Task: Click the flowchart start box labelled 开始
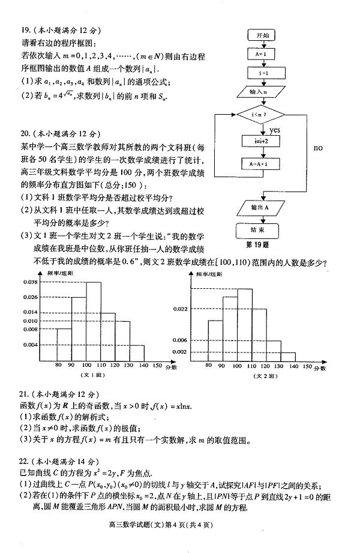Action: click(263, 36)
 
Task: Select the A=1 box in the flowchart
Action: click(263, 55)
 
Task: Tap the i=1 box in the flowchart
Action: click(263, 73)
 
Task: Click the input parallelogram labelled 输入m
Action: click(263, 92)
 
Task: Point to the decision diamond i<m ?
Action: click(263, 113)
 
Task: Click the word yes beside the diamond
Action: click(275, 130)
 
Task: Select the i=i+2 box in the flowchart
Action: click(263, 142)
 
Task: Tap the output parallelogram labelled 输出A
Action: click(263, 208)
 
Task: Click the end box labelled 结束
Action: click(263, 229)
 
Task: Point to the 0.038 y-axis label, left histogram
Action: click(30, 281)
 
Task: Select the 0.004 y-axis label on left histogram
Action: click(30, 345)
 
